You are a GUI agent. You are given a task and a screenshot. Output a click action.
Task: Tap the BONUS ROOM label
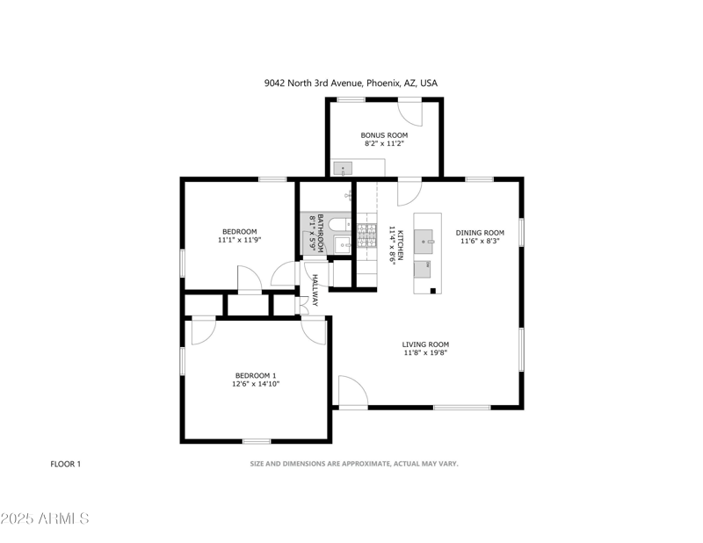(x=385, y=135)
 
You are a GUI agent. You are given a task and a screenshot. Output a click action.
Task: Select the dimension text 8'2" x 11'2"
(x=385, y=144)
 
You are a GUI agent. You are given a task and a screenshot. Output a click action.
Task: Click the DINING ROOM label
(x=480, y=233)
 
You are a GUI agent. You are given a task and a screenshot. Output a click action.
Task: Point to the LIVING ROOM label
(x=426, y=344)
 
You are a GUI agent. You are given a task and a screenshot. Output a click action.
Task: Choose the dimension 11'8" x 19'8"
(x=426, y=353)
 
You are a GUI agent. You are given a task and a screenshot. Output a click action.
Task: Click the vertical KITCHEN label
(x=400, y=244)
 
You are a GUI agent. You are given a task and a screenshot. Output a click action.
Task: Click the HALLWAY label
(x=315, y=291)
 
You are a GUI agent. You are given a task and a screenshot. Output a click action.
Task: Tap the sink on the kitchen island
(x=427, y=237)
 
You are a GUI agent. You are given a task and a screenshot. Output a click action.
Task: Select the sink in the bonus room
(x=344, y=168)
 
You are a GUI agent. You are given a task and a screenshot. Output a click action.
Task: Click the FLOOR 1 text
(x=66, y=464)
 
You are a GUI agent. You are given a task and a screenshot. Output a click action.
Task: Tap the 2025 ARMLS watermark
(x=46, y=519)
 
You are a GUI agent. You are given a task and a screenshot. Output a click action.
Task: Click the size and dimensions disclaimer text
(x=354, y=464)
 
